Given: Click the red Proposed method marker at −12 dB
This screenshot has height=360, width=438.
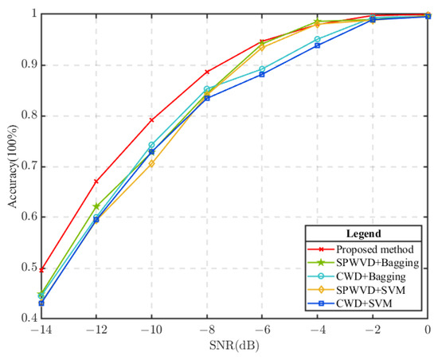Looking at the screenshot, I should [x=96, y=182].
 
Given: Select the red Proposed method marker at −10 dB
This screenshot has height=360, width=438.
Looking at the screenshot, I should [x=151, y=119].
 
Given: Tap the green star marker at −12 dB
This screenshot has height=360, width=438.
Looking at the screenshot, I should [x=96, y=206].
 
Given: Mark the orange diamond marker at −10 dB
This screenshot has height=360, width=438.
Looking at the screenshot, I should [x=151, y=163].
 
